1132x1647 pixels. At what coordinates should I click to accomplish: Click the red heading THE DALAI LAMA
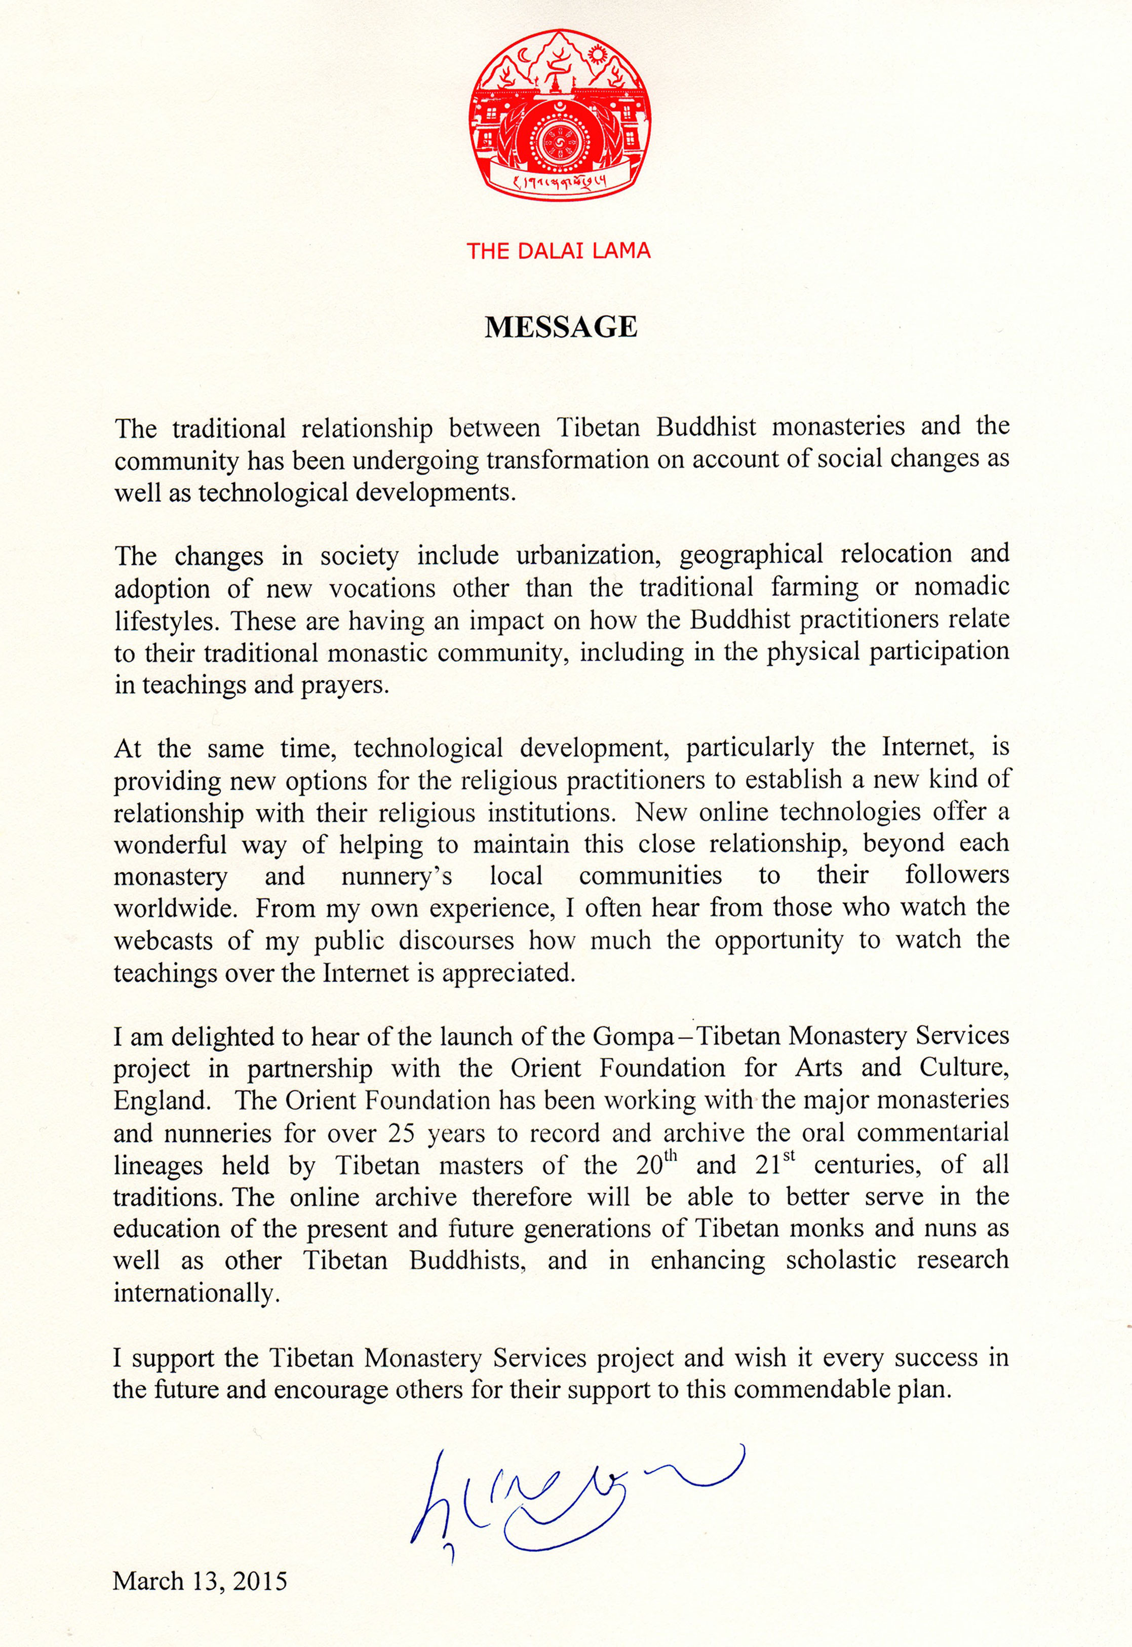click(x=559, y=251)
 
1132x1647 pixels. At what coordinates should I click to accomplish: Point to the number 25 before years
click(x=404, y=1133)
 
